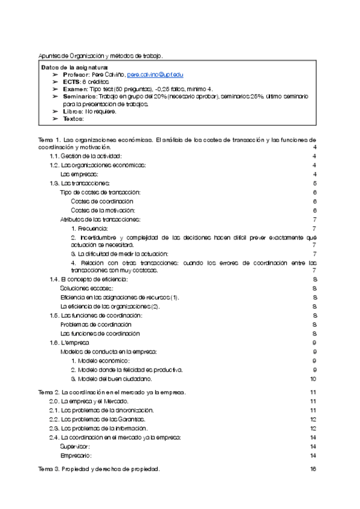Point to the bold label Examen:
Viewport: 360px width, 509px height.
pyautogui.click(x=74, y=88)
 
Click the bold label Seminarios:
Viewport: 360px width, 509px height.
pyautogui.click(x=79, y=95)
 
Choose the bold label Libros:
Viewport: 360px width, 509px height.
pyautogui.click(x=73, y=111)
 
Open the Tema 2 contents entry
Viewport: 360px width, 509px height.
pyautogui.click(x=112, y=391)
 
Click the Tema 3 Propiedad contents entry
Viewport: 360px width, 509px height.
pyautogui.click(x=99, y=469)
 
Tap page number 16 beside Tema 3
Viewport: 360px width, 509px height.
pyautogui.click(x=313, y=469)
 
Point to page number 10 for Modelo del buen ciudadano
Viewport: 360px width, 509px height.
pyautogui.click(x=313, y=379)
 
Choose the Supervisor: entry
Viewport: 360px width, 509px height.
pyautogui.click(x=76, y=447)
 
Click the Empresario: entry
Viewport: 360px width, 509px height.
pyautogui.click(x=76, y=456)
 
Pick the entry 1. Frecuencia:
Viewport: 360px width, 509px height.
pyautogui.click(x=89, y=229)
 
